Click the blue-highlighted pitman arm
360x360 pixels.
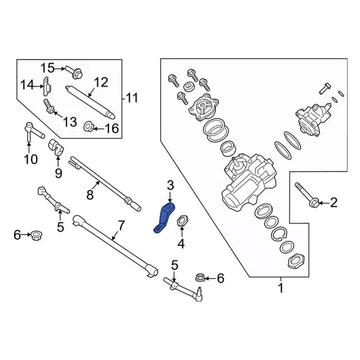(x=164, y=219)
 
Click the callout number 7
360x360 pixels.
(x=120, y=227)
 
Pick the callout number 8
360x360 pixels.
(x=89, y=195)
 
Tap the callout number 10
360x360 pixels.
(x=30, y=159)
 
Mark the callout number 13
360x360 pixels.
(x=69, y=122)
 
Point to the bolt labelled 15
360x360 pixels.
(x=74, y=71)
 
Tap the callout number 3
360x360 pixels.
(x=170, y=186)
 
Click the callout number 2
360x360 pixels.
(x=334, y=202)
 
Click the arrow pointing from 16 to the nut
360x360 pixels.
(x=99, y=129)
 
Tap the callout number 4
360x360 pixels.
(x=181, y=244)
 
